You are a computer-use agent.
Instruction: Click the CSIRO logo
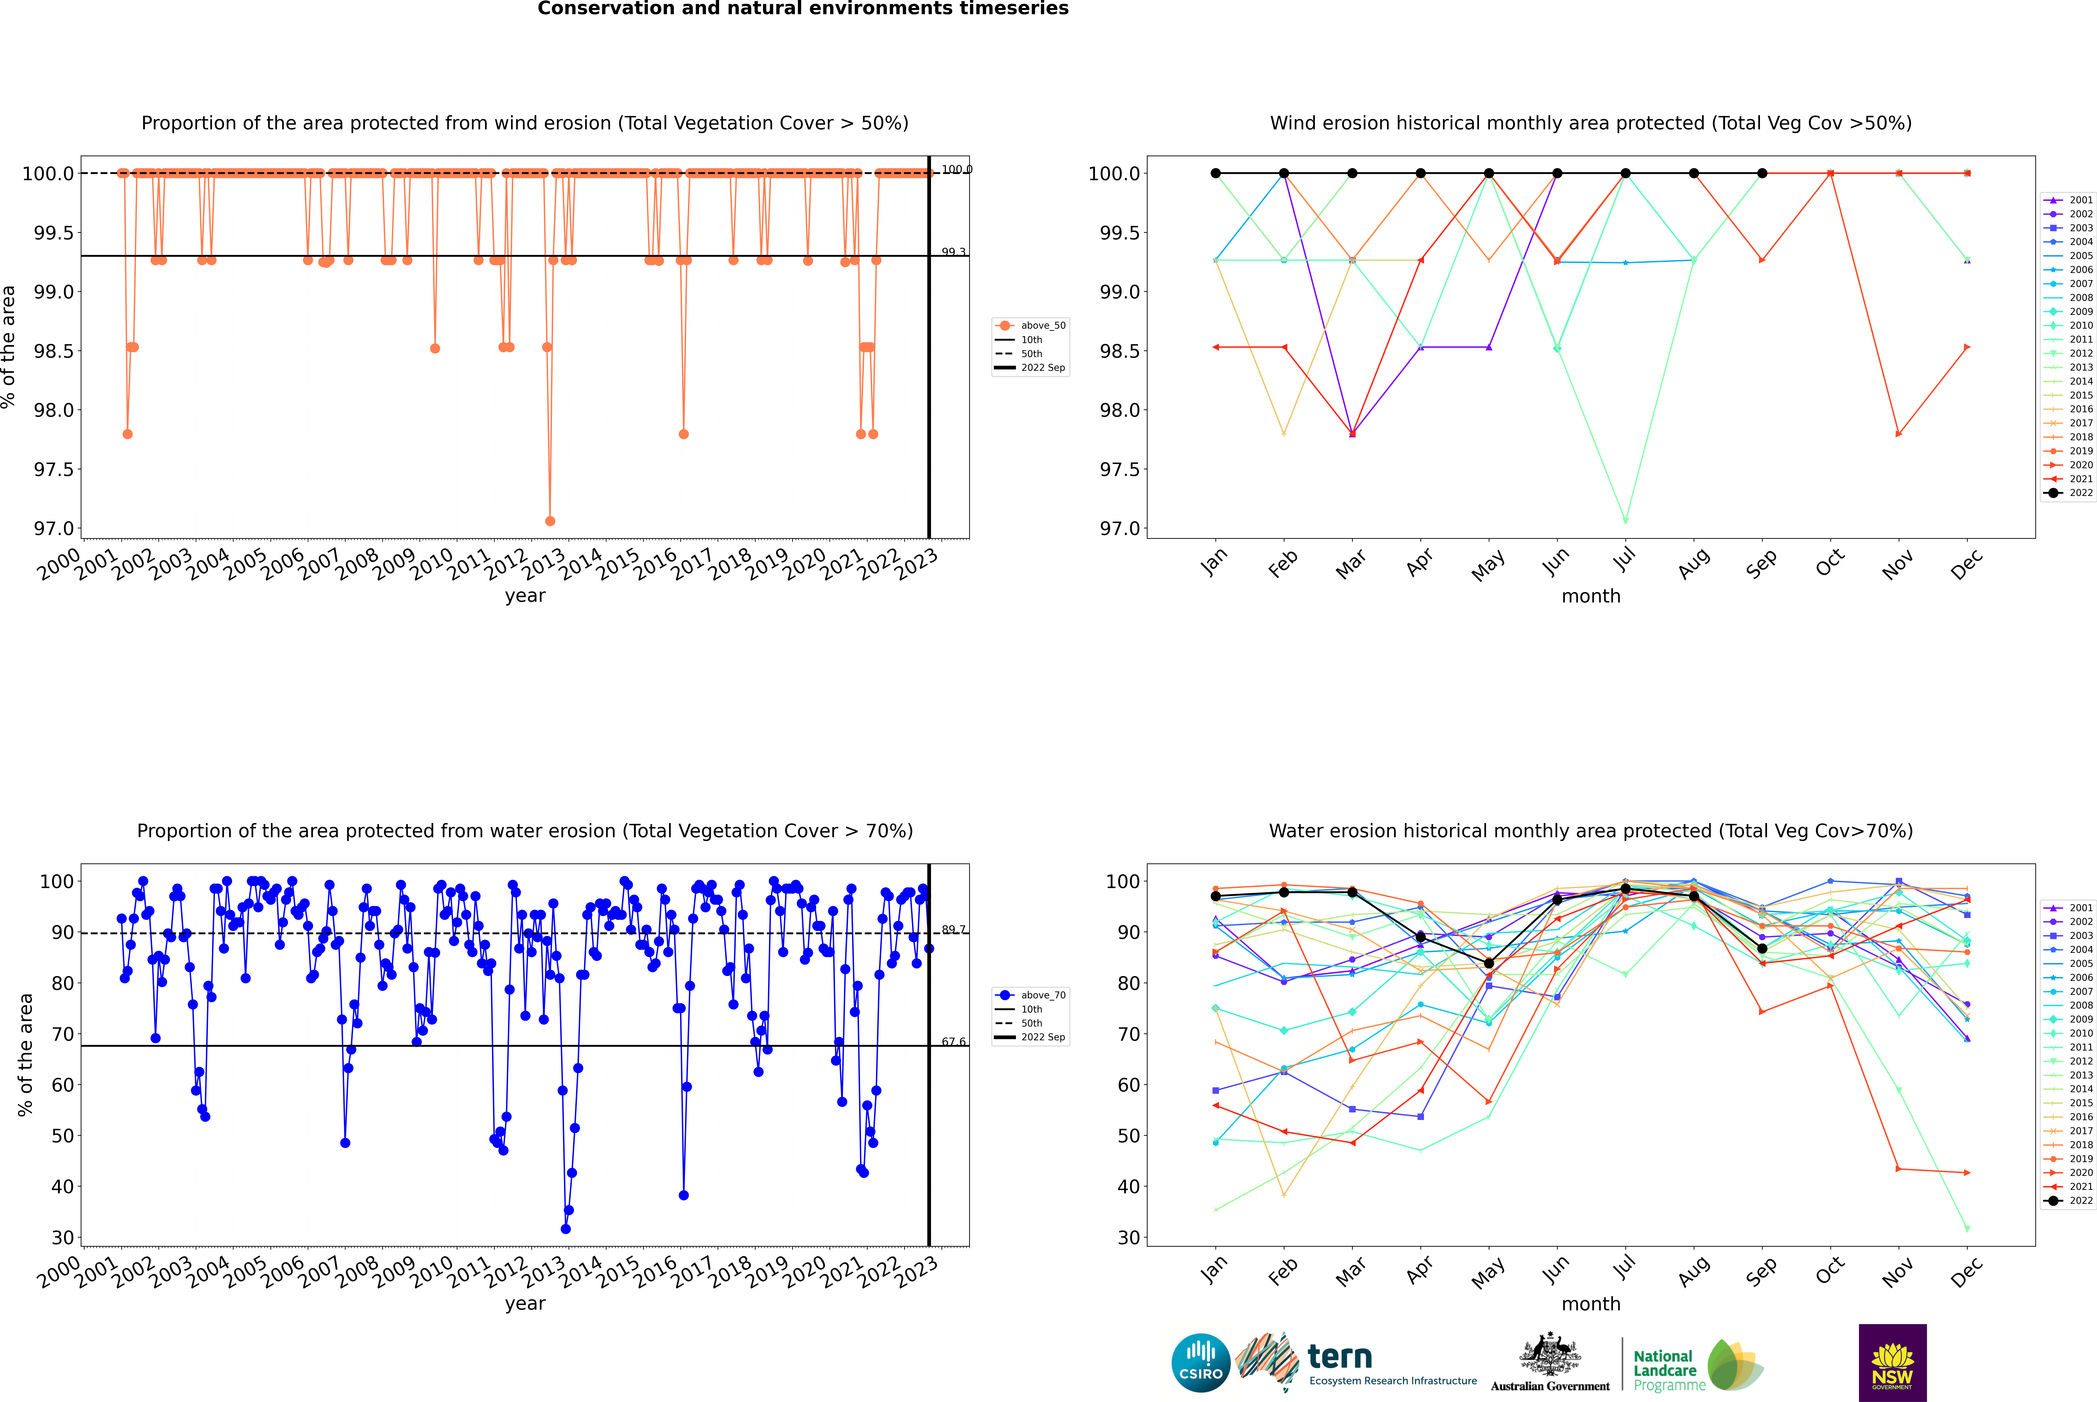click(1201, 1363)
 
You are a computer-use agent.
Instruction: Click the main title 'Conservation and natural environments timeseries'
click(803, 9)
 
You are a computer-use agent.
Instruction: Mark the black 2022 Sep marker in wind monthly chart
click(1762, 174)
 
